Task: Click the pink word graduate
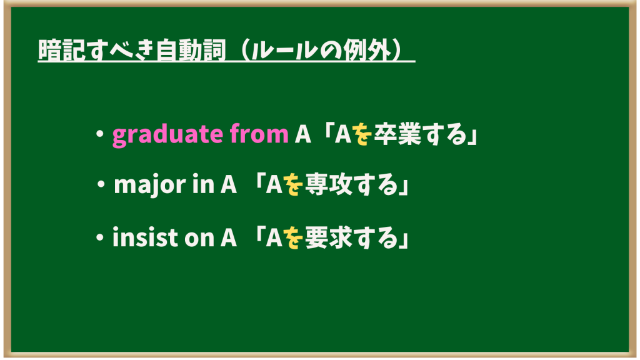pyautogui.click(x=167, y=135)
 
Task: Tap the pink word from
pyautogui.click(x=259, y=133)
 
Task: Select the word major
pyautogui.click(x=150, y=185)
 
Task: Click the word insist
pyautogui.click(x=145, y=237)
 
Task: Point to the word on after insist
pyautogui.click(x=199, y=239)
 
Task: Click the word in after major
pyautogui.click(x=203, y=184)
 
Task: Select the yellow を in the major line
pyautogui.click(x=294, y=184)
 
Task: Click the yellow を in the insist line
pyautogui.click(x=294, y=237)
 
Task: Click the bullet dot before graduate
pyautogui.click(x=99, y=134)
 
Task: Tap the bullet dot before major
pyautogui.click(x=101, y=184)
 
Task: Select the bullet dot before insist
pyautogui.click(x=99, y=237)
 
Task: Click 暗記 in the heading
pyautogui.click(x=62, y=50)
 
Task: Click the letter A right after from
pyautogui.click(x=303, y=134)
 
